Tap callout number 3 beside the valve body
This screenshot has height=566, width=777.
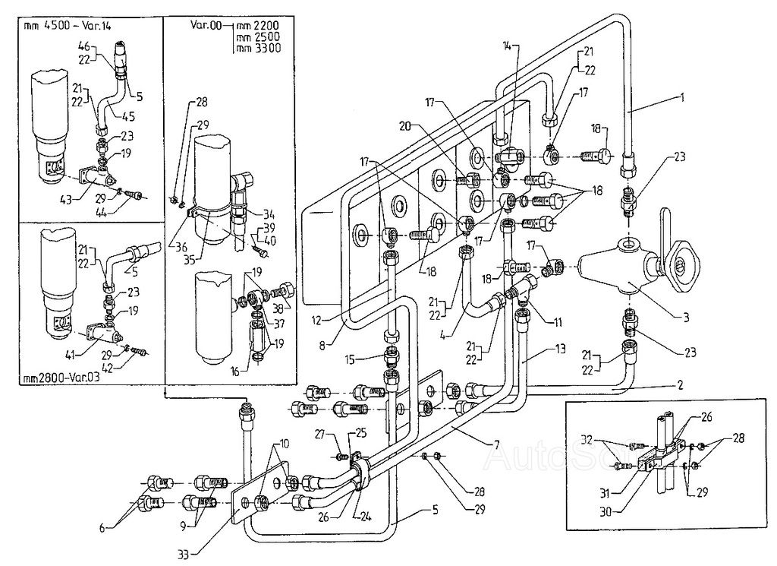(x=685, y=318)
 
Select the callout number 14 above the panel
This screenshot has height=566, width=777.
(x=507, y=46)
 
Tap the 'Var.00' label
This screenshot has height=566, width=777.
(x=206, y=25)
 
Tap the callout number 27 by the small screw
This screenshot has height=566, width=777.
(x=321, y=434)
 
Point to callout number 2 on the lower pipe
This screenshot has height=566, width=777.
(x=681, y=386)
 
